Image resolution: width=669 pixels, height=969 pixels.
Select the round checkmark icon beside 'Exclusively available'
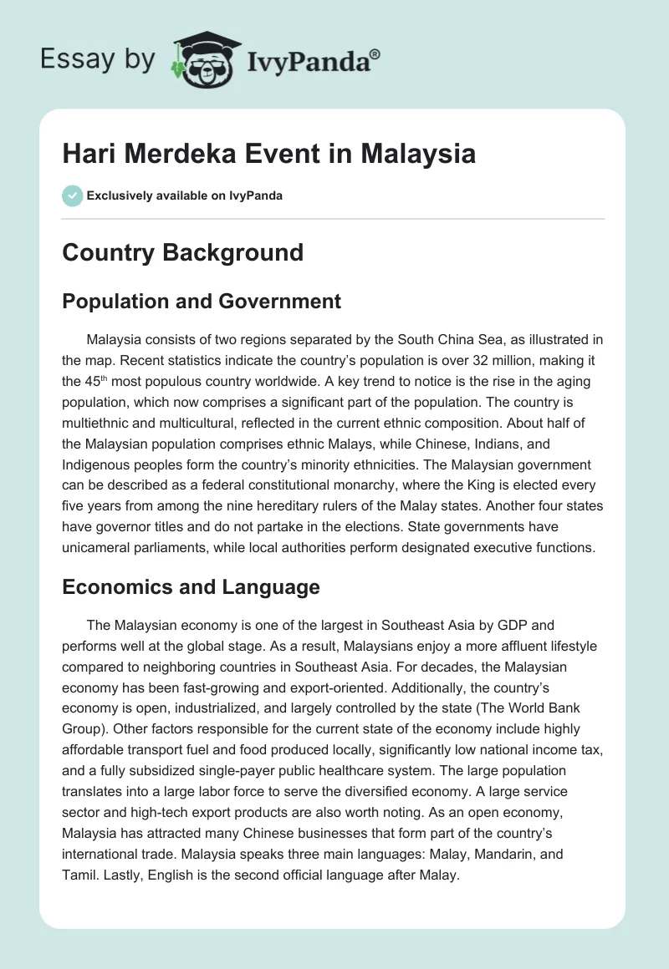click(x=72, y=195)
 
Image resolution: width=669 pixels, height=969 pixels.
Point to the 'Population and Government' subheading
click(x=202, y=302)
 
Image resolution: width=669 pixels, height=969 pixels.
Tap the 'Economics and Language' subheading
click(x=191, y=587)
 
